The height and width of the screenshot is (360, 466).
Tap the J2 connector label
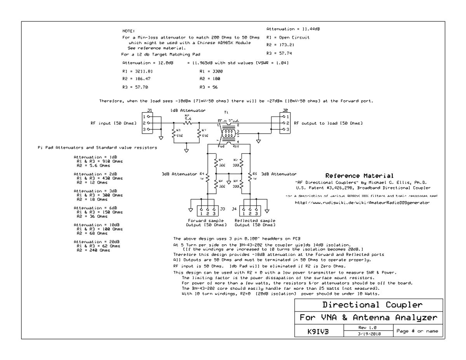285,110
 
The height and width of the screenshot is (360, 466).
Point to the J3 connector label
223,209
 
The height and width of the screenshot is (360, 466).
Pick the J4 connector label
235,209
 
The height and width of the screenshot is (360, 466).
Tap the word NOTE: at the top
128,30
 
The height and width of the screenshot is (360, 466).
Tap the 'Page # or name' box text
416,331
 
